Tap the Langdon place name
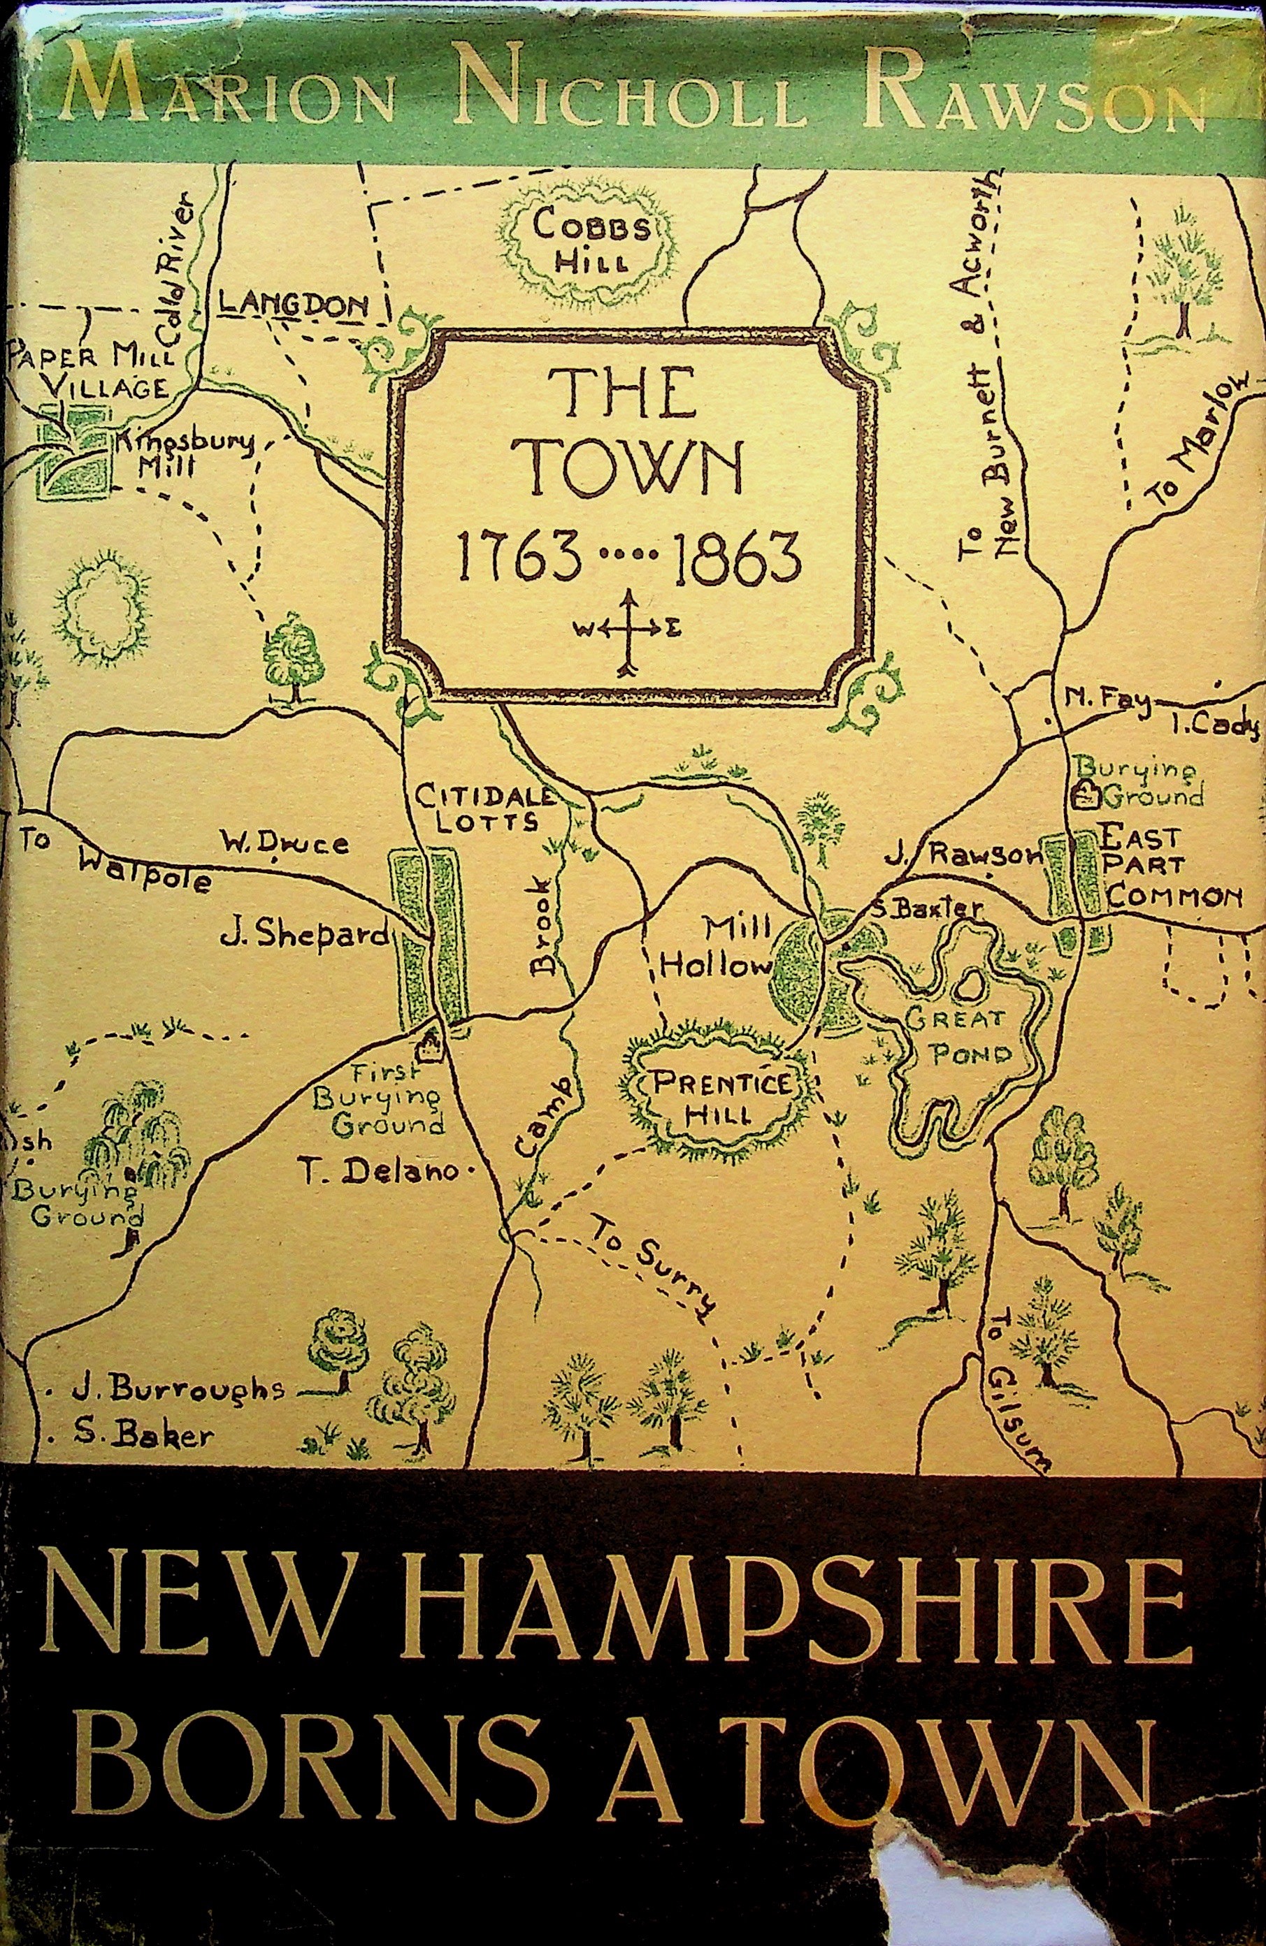292,305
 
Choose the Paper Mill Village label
90,371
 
